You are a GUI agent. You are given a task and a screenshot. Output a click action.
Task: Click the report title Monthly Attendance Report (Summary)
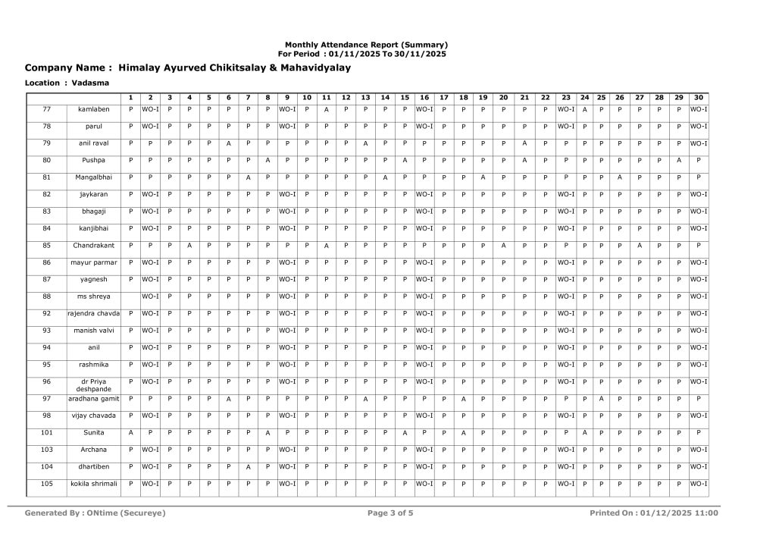click(366, 45)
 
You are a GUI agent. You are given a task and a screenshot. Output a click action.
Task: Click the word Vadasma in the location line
click(90, 82)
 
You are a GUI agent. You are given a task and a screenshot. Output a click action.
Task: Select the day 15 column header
click(405, 97)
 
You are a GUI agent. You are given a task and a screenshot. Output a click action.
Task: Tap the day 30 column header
click(698, 97)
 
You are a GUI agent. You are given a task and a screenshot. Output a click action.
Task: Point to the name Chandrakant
click(94, 246)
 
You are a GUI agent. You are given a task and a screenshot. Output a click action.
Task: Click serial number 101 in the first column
click(46, 432)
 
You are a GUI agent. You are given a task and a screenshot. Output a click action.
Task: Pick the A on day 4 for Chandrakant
click(189, 246)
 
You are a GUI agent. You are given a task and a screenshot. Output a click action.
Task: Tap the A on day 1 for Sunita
click(130, 433)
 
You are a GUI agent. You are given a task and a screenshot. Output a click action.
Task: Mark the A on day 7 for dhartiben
click(248, 467)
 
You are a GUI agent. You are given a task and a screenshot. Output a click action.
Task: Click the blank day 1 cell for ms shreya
click(130, 296)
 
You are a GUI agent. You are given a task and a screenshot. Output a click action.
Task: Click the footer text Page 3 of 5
click(390, 513)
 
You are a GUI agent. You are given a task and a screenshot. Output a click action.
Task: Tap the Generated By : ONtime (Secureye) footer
click(95, 513)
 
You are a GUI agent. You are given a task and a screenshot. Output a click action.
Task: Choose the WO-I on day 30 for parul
click(698, 127)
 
